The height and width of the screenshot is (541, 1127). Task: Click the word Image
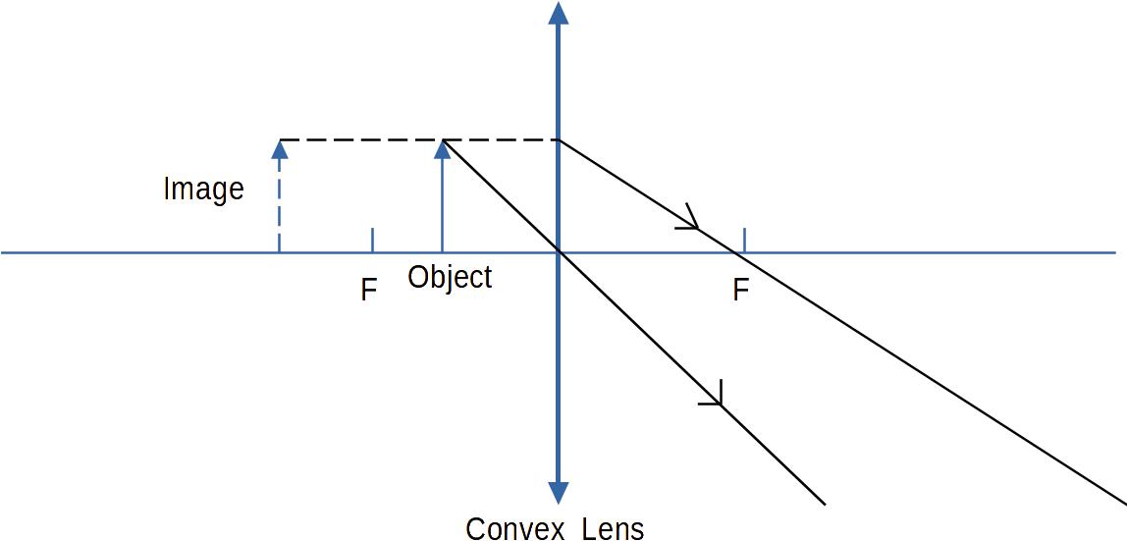203,188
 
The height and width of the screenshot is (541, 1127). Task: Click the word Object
450,277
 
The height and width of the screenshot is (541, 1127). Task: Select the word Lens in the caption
613,528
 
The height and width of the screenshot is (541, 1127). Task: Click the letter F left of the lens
369,291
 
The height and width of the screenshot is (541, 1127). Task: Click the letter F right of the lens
741,291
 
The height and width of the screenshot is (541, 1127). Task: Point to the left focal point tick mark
372,240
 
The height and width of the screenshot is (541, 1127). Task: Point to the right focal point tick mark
744,240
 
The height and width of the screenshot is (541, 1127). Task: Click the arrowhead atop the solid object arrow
443,148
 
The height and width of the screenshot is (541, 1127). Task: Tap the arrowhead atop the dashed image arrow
280,148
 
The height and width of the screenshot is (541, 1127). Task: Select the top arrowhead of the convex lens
559,13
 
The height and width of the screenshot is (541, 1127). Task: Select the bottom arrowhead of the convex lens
559,493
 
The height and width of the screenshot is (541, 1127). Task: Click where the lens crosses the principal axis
559,252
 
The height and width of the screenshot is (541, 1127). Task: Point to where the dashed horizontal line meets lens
559,140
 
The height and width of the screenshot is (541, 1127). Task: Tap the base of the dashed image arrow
280,251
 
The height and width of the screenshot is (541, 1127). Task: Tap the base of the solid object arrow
443,251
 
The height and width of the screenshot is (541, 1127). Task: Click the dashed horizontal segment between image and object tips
361,140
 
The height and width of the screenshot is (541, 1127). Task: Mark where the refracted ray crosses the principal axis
733,252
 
